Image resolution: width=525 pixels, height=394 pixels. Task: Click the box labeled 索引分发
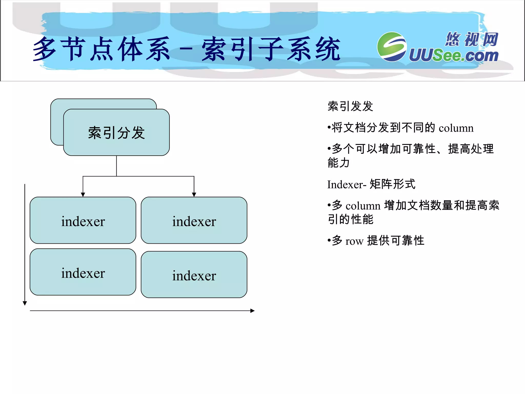116,132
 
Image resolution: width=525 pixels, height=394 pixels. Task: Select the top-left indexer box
83,220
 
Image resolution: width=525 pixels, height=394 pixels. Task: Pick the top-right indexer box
194,220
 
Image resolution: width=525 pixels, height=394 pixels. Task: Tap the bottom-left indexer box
83,272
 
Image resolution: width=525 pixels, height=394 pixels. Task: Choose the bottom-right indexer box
194,275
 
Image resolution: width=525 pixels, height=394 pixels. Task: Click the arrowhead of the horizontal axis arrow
253,311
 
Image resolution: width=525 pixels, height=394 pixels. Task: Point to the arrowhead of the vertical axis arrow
25,303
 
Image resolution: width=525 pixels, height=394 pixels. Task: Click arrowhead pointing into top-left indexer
83,195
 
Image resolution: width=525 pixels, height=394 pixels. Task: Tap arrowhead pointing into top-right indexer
194,195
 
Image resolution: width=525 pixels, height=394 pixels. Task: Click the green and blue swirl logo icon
392,47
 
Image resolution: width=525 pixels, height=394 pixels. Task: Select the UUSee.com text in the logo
453,55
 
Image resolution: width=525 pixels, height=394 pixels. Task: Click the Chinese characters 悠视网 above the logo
472,40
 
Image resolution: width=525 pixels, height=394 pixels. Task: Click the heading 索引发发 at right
350,106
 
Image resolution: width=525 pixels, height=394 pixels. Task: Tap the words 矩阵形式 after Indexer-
392,184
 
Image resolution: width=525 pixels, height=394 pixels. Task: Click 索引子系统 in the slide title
271,49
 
